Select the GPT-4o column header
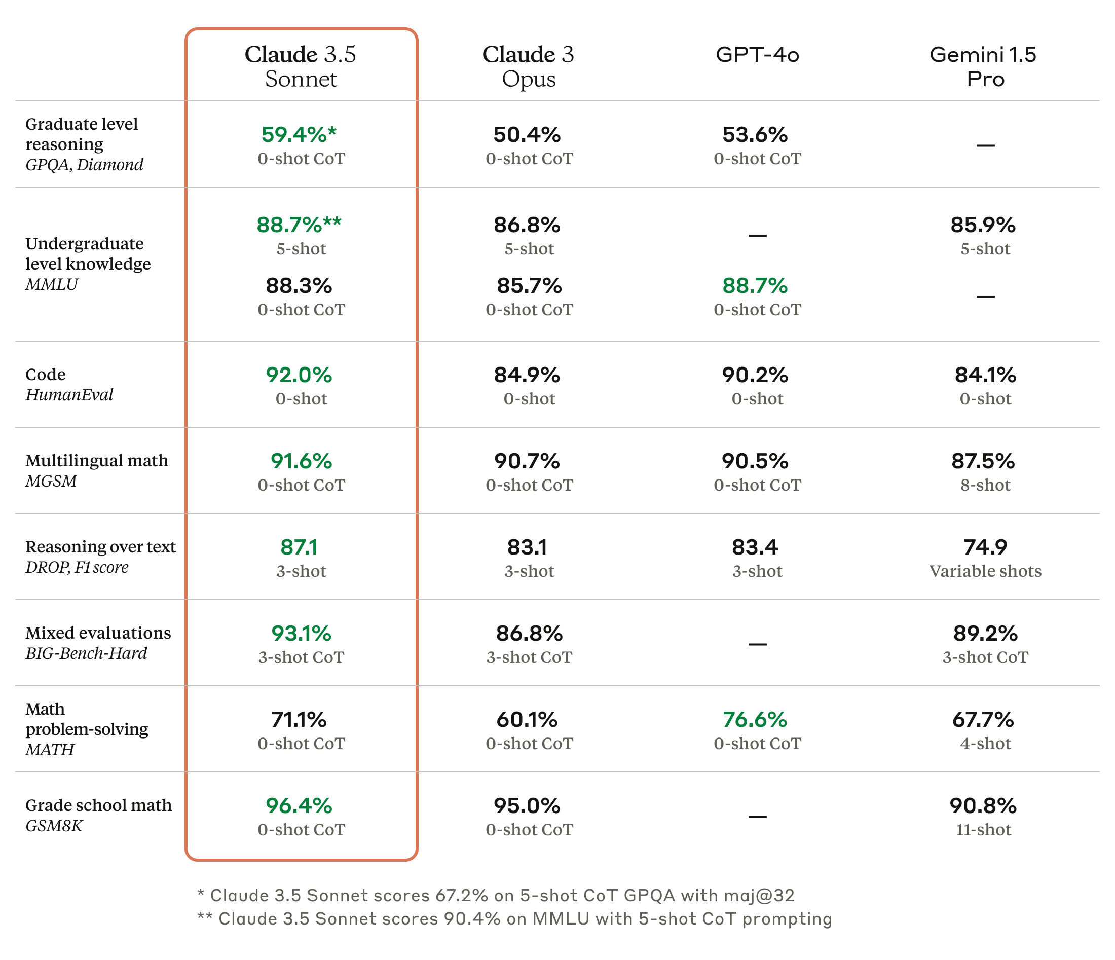(757, 54)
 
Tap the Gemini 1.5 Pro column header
(984, 66)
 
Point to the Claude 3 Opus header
(529, 66)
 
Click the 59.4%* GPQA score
(299, 134)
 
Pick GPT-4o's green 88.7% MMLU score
(755, 286)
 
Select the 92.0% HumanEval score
(299, 375)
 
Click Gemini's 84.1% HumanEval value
(985, 375)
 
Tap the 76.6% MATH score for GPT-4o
(755, 719)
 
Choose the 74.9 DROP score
(985, 547)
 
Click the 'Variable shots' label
(985, 571)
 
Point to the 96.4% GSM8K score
(299, 805)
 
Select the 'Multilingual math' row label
(97, 461)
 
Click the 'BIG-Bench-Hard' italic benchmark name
(86, 653)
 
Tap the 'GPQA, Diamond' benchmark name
(85, 165)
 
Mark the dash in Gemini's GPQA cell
(985, 145)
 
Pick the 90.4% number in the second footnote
(472, 918)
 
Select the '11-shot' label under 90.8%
(984, 830)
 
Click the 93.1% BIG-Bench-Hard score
(302, 634)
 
